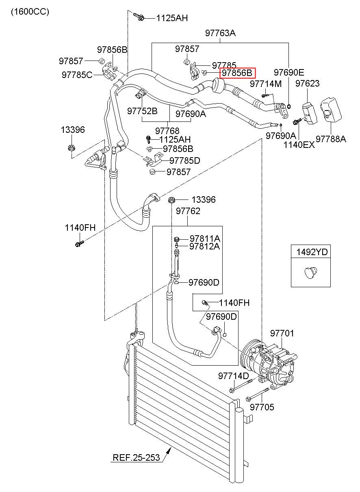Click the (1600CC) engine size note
[x=30, y=12]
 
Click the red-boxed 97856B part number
[x=237, y=73]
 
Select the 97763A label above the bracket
[x=220, y=33]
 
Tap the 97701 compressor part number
[x=282, y=334]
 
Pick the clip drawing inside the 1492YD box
[x=311, y=273]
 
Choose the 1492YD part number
[x=312, y=252]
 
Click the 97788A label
[x=331, y=139]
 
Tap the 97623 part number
[x=308, y=83]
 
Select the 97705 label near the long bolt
[x=262, y=407]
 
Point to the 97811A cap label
[x=205, y=238]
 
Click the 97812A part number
[x=204, y=247]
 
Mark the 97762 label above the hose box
[x=188, y=211]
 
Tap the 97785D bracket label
[x=185, y=161]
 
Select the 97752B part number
[x=142, y=111]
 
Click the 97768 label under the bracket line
[x=167, y=131]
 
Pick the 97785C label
[x=77, y=75]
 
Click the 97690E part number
[x=289, y=72]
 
